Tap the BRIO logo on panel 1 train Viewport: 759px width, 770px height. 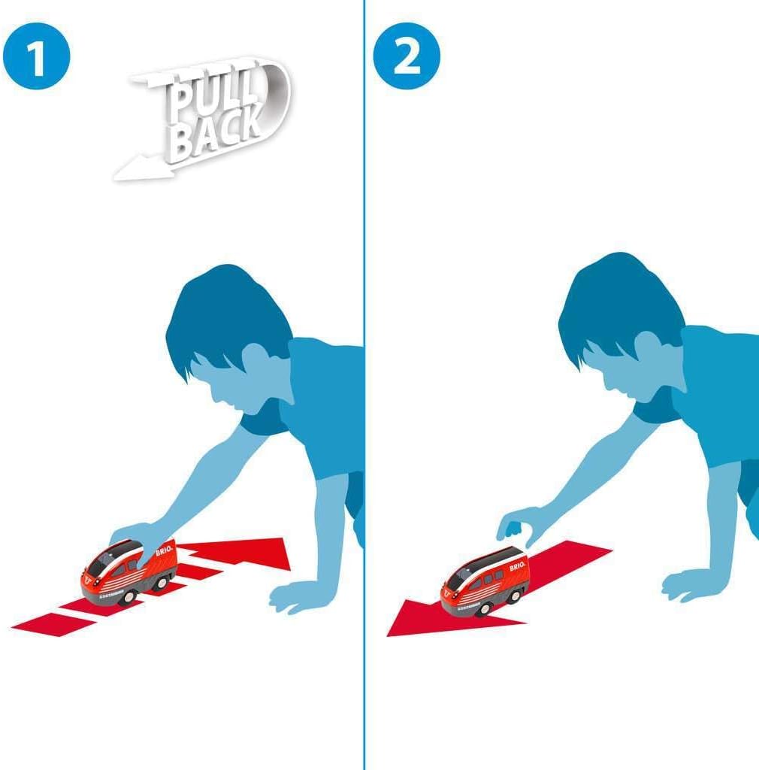click(165, 553)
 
